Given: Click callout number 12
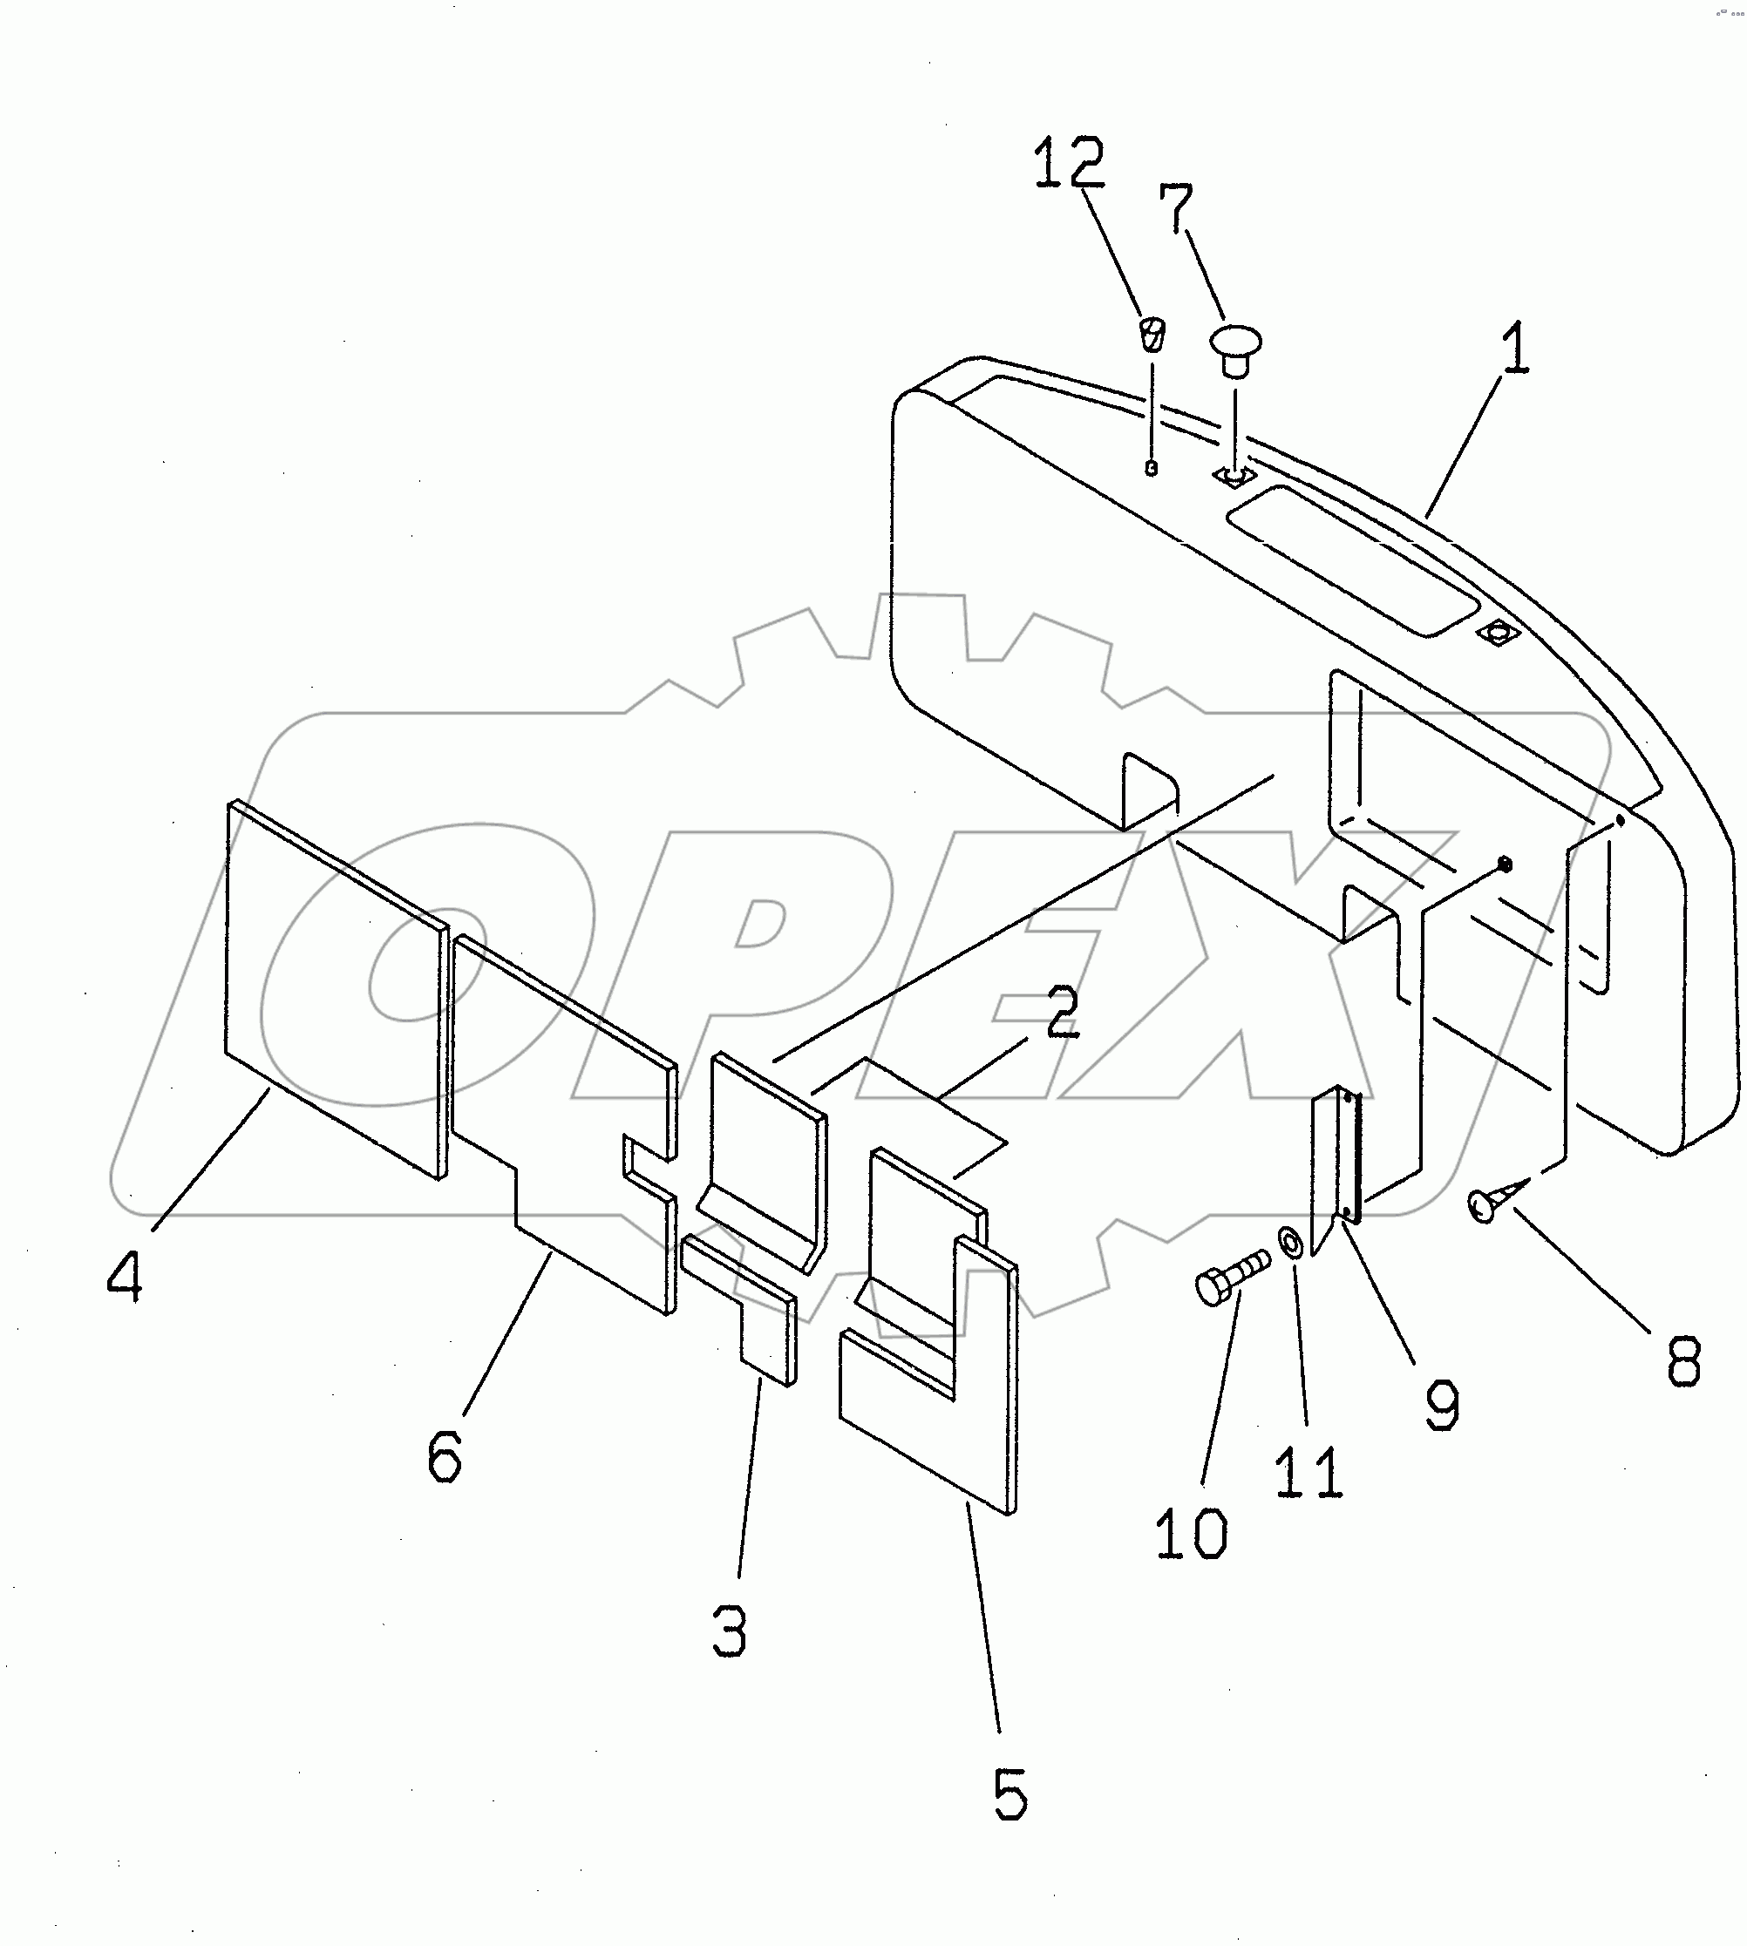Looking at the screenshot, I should click(x=1069, y=164).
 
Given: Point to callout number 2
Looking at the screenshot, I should click(x=1061, y=1013).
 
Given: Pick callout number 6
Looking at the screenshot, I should click(x=445, y=1454).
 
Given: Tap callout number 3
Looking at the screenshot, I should click(x=730, y=1631).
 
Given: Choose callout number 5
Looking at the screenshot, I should click(x=1009, y=1793).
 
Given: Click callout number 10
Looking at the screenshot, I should click(x=1190, y=1532).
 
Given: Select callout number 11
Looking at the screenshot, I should click(x=1309, y=1471).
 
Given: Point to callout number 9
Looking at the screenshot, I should click(x=1442, y=1406).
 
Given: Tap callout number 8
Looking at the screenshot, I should click(x=1683, y=1360).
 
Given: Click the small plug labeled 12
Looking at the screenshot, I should click(x=1152, y=333).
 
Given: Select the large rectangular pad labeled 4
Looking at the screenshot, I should click(x=336, y=988).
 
